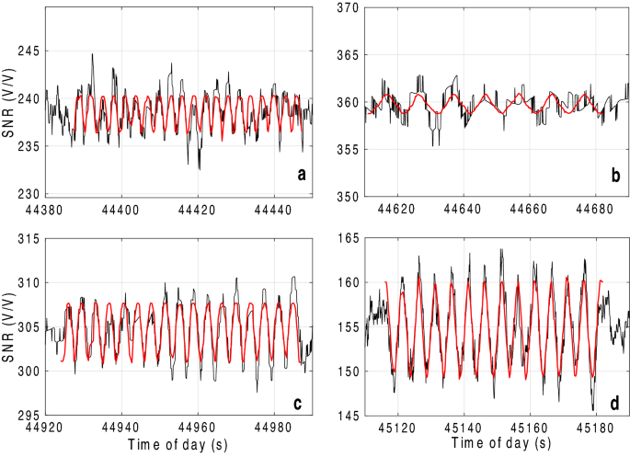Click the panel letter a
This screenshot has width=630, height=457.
coord(297,176)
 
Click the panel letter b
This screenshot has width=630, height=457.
coord(614,176)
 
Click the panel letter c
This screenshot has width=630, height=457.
coord(296,396)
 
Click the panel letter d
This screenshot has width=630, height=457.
coord(614,396)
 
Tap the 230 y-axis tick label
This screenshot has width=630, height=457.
coord(28,194)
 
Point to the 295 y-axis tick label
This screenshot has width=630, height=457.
coord(28,416)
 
